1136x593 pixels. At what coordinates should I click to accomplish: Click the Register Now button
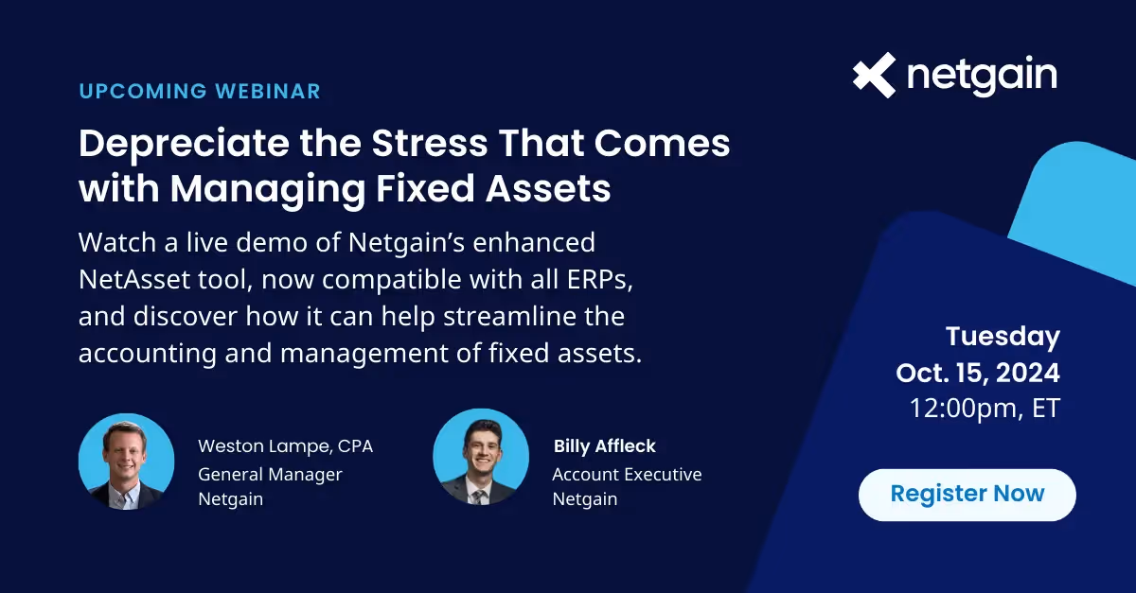[967, 494]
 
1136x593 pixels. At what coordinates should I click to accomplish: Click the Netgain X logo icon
[873, 75]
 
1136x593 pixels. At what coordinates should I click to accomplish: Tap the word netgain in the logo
[982, 77]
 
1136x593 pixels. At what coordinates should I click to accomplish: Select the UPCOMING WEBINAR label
[200, 92]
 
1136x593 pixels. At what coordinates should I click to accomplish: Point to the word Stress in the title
[428, 143]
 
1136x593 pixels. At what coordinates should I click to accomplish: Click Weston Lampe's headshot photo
[126, 462]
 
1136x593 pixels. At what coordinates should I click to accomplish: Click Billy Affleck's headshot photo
[480, 457]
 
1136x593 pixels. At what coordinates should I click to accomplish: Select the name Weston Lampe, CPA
[285, 445]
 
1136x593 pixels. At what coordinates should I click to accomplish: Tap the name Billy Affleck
[604, 445]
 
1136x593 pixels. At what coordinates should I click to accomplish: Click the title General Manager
[270, 473]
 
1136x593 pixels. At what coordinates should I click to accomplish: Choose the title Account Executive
[627, 473]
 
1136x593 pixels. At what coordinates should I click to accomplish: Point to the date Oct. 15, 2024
[978, 372]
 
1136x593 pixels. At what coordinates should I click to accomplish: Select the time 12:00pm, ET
[985, 408]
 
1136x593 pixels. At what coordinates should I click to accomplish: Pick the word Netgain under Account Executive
[584, 498]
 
